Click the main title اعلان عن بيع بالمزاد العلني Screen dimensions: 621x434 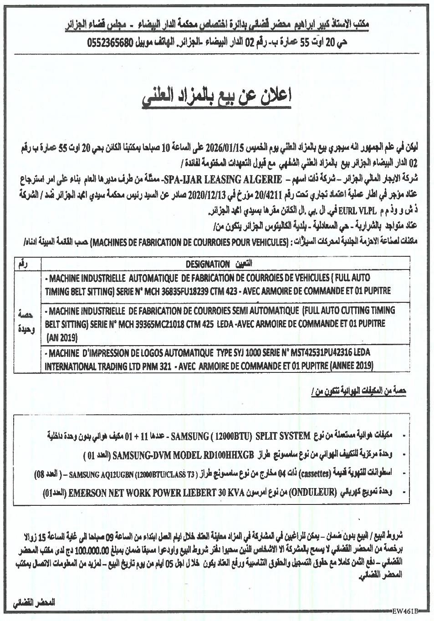click(217, 97)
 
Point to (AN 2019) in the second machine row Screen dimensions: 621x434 click(62, 337)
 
